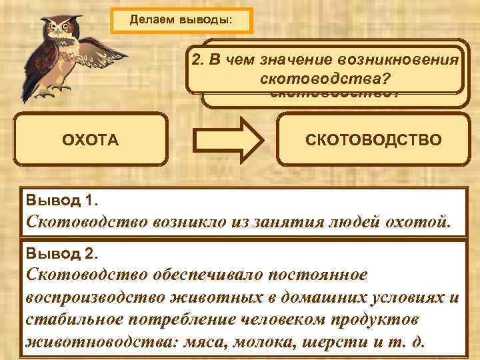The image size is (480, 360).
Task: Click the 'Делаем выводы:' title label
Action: tap(181, 19)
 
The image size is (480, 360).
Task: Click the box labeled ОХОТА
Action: tap(90, 140)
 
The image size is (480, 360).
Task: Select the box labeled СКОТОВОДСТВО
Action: tap(373, 140)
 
